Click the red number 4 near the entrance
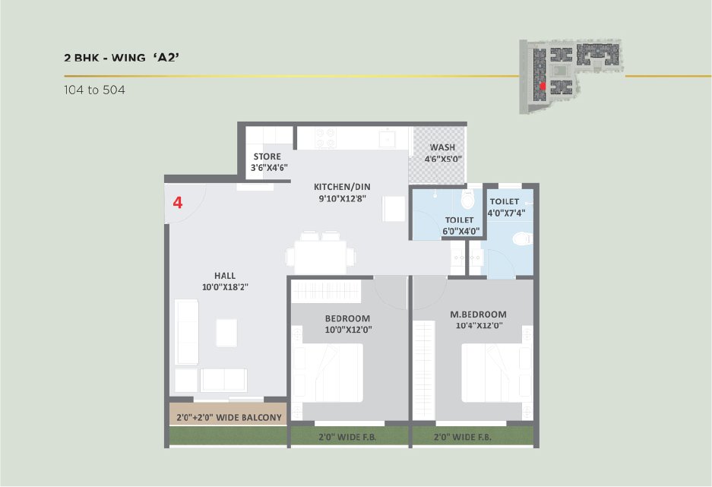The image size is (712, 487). pyautogui.click(x=178, y=202)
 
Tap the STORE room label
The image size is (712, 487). pyautogui.click(x=267, y=157)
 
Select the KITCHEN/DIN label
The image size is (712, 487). pyautogui.click(x=342, y=187)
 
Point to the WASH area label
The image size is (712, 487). pyautogui.click(x=442, y=147)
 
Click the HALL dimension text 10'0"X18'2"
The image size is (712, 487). pyautogui.click(x=225, y=287)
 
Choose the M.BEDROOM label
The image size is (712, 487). pyautogui.click(x=478, y=314)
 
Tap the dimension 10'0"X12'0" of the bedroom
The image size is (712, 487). pyautogui.click(x=348, y=330)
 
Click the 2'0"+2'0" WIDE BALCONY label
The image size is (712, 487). pyautogui.click(x=229, y=417)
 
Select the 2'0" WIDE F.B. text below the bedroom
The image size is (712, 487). pyautogui.click(x=347, y=437)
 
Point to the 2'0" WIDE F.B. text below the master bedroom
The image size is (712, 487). pyautogui.click(x=462, y=437)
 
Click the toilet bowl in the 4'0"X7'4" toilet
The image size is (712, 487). pyautogui.click(x=523, y=239)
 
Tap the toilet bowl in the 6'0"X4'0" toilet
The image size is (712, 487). pyautogui.click(x=467, y=198)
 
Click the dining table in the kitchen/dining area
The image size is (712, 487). pyautogui.click(x=320, y=257)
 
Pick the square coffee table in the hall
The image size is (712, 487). pyautogui.click(x=226, y=333)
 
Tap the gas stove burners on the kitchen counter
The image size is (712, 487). pyautogui.click(x=325, y=138)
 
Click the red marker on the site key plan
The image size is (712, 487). pyautogui.click(x=543, y=86)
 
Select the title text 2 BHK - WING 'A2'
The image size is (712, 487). pyautogui.click(x=122, y=58)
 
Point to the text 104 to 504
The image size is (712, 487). pyautogui.click(x=94, y=90)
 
